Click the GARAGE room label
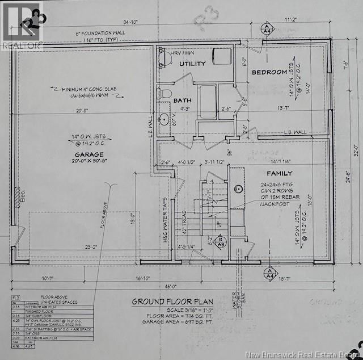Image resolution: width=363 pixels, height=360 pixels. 88,154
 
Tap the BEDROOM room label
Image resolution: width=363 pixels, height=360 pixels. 269,72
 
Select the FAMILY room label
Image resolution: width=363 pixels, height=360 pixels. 279,173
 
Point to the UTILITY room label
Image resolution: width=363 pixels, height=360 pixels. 193,64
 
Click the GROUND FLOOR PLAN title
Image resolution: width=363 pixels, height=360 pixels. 172,302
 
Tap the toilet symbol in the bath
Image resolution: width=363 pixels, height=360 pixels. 166,92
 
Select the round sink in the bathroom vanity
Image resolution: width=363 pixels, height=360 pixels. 164,119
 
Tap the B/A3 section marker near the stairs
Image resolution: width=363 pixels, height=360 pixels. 222,242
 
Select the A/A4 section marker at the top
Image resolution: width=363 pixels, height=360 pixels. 266,28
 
